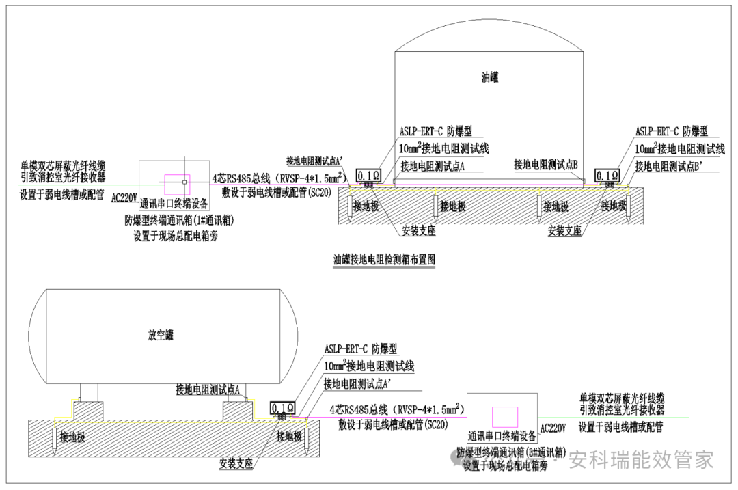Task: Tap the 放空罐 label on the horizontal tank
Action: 161,335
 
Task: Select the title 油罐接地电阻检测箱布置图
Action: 384,260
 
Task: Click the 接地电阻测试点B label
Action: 547,165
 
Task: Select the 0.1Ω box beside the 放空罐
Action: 283,409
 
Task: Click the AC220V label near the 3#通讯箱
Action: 553,428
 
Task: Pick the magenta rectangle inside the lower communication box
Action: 505,416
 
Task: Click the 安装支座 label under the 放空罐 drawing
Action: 236,463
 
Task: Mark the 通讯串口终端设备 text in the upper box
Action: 174,204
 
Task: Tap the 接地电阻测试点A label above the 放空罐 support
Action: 210,390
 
